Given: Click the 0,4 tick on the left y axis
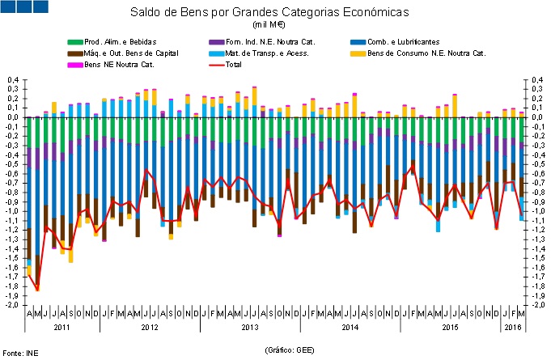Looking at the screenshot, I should click(x=13, y=79).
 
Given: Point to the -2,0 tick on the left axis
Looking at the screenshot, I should click(x=12, y=305).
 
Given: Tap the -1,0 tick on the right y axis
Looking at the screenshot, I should click(x=535, y=211).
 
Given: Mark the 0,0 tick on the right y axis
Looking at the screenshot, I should click(x=535, y=117).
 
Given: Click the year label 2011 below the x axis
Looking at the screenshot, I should click(x=61, y=328).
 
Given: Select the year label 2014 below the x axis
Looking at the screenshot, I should click(x=350, y=328).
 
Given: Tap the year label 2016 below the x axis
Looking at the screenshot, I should click(x=513, y=328).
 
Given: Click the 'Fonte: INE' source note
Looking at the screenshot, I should click(x=19, y=353).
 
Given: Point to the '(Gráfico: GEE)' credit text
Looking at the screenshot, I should click(x=289, y=349).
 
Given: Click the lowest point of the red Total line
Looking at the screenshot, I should click(x=37, y=290).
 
